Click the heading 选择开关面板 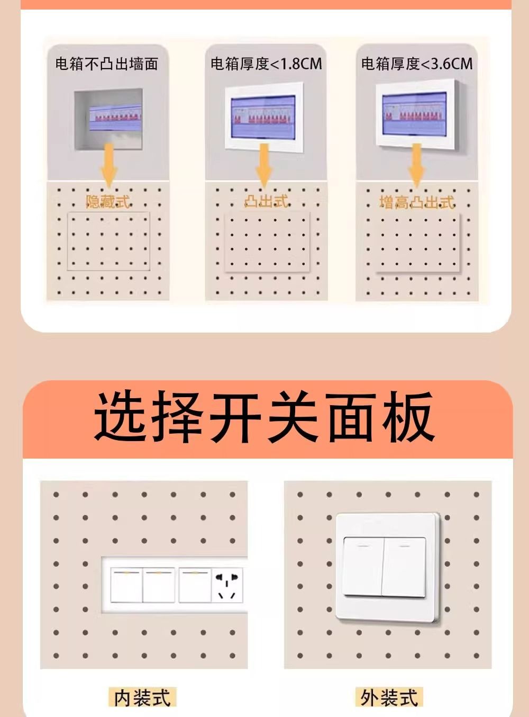pos(264,416)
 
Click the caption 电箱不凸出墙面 pos(107,64)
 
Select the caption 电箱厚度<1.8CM pos(267,64)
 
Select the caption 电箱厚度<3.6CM pos(417,64)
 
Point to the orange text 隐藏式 pos(108,202)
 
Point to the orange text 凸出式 pos(266,201)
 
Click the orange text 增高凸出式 pos(417,203)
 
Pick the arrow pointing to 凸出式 pos(264,166)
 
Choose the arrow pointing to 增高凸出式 pos(417,166)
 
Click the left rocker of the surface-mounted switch pos(363,567)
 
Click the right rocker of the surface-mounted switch pos(404,567)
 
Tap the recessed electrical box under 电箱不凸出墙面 pos(108,119)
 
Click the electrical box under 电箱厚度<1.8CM pos(264,118)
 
